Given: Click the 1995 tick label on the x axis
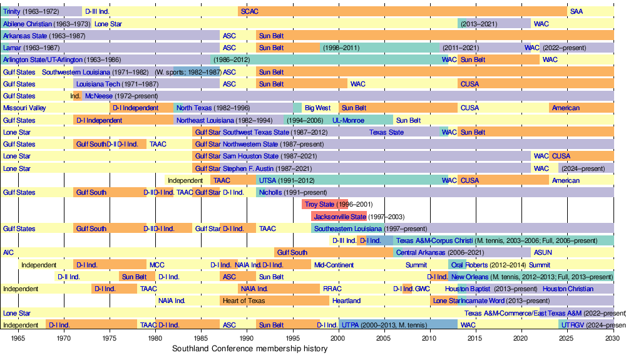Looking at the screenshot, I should [292, 338].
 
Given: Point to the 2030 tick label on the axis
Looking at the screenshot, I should [612, 338].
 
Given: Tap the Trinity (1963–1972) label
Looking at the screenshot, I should [31, 12].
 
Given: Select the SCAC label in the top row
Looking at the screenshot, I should [250, 12].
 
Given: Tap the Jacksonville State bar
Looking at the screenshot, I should [339, 217].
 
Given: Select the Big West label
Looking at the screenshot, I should [318, 108].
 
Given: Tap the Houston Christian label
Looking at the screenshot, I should [568, 289].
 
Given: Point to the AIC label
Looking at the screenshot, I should [8, 253].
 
